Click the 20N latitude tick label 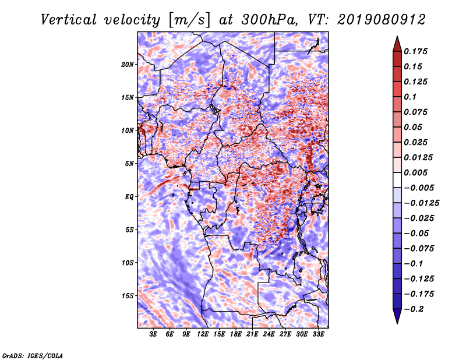click(127, 65)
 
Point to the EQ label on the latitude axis click(129, 197)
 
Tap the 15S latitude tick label click(127, 296)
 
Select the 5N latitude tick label click(129, 164)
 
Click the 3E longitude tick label click(153, 334)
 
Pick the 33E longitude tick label click(318, 334)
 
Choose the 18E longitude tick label click(236, 334)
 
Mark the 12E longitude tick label click(203, 334)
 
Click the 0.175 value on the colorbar click(415, 51)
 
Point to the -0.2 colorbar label click(413, 309)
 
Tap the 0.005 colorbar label click(415, 172)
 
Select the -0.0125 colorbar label click(421, 203)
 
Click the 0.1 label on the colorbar click(410, 97)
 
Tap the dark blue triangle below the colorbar click(397, 316)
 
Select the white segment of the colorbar click(397, 180)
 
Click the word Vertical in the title click(69, 20)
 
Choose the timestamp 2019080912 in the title click(382, 20)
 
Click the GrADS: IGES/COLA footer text click(33, 355)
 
